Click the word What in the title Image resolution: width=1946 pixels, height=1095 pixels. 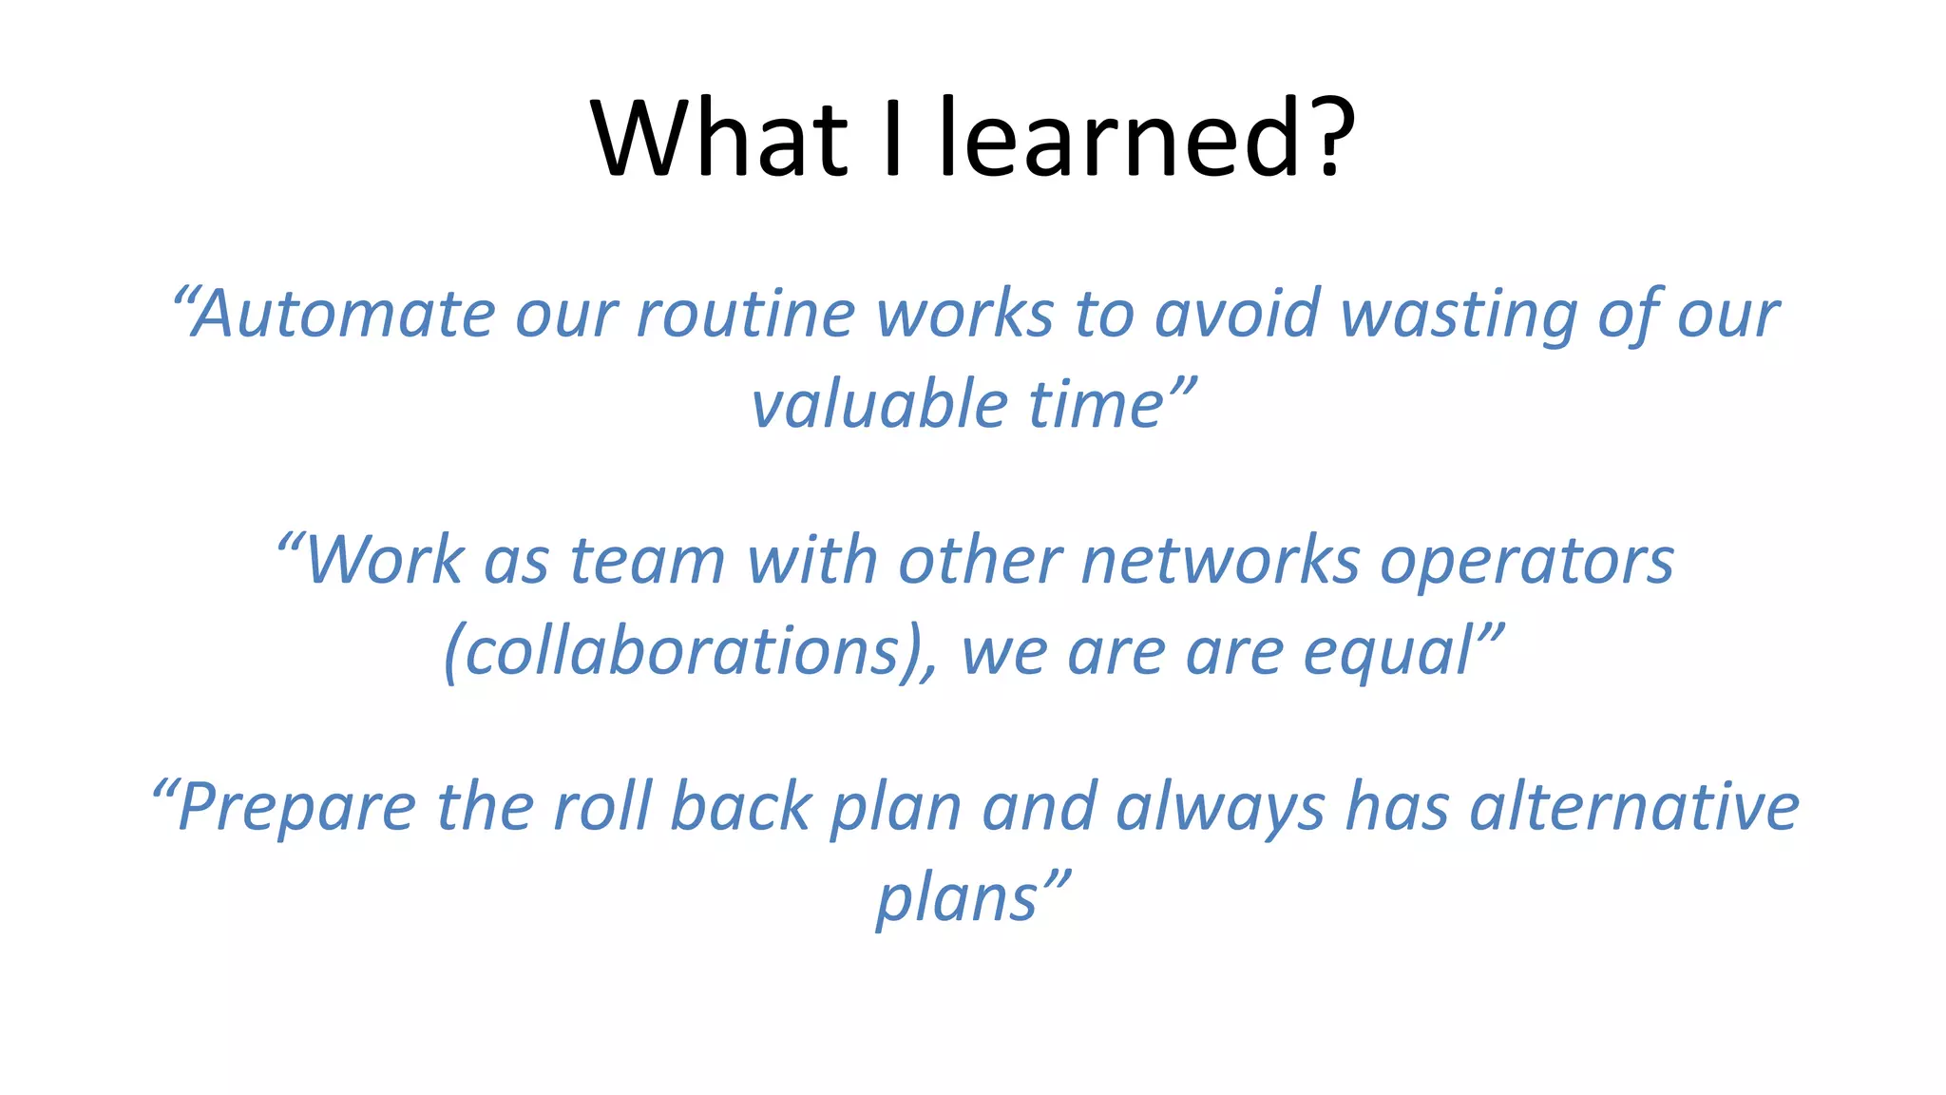click(718, 139)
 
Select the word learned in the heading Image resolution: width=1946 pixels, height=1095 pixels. click(1119, 139)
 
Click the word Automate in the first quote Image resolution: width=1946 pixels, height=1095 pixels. click(343, 314)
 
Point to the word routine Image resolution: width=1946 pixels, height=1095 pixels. click(746, 314)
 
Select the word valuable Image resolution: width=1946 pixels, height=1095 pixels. click(879, 405)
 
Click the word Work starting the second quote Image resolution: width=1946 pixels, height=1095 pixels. click(384, 560)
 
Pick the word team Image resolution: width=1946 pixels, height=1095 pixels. click(647, 560)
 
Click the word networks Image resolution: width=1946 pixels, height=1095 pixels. click(1220, 560)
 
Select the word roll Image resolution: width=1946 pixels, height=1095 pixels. click(602, 807)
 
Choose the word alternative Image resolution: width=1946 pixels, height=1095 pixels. click(1633, 807)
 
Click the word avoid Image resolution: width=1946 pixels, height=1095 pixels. click(1237, 314)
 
